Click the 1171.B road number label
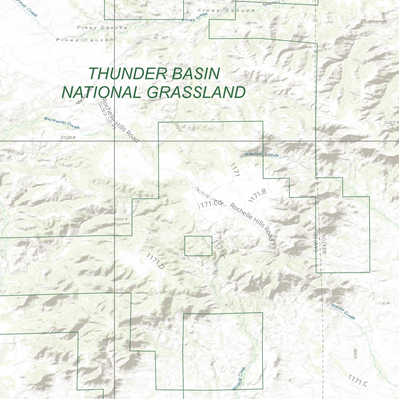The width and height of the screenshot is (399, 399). [x=257, y=194]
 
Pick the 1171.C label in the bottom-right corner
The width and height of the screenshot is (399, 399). [x=358, y=379]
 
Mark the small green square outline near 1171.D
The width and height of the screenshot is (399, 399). [x=199, y=246]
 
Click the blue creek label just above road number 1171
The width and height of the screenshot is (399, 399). [x=255, y=154]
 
